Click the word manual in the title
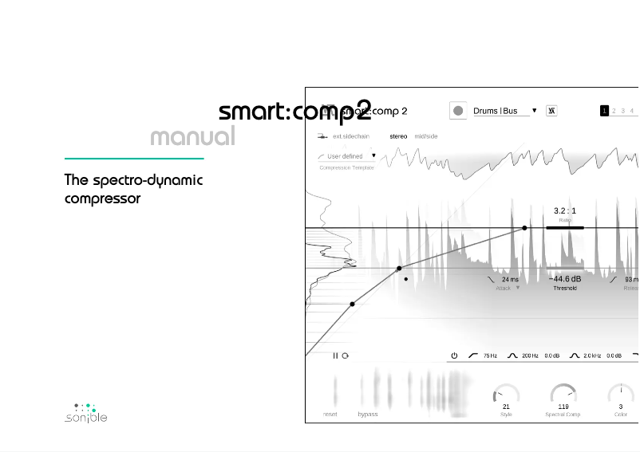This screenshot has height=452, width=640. coord(192,136)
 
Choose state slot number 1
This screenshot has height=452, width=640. coord(604,111)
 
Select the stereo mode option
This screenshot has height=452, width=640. coord(398,136)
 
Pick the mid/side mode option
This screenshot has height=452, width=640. coord(426,136)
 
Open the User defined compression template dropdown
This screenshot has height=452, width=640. coord(347,156)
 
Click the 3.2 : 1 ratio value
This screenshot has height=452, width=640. coord(565,211)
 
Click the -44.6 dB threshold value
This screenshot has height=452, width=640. coord(565,279)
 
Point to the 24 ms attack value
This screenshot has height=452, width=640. coord(510,280)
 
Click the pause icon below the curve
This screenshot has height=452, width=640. coord(336,356)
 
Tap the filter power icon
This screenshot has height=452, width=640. coord(454,356)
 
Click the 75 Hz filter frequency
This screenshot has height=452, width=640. coord(490,356)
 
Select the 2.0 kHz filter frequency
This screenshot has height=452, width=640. coord(592,356)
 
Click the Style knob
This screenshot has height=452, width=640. coord(506,395)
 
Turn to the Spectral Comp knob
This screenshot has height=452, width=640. coord(563,395)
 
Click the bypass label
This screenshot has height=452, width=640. coord(368,415)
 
